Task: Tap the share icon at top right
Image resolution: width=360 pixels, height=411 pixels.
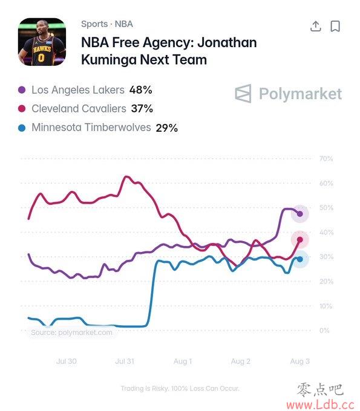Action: coord(316,26)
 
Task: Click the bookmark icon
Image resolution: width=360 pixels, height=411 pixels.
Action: coord(335,26)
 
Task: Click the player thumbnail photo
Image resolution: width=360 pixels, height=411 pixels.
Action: coord(42,42)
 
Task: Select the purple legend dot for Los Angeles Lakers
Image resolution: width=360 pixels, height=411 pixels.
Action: coord(22,90)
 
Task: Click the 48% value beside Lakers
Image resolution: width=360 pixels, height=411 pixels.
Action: coord(140,90)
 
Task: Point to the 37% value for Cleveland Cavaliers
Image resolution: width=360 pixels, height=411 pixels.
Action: coord(142,109)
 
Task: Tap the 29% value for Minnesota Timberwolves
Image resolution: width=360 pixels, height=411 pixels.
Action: coord(166,128)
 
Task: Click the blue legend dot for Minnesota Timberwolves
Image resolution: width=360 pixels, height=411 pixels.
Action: coord(22,128)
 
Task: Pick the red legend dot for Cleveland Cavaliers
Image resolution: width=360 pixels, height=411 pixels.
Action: coord(22,109)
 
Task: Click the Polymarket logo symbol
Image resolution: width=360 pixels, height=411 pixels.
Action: coord(243,94)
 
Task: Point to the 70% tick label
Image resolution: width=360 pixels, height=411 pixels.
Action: coord(326,158)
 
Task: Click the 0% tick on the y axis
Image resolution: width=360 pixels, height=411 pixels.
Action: coord(324,330)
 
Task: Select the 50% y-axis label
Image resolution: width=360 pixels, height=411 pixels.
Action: coord(326,207)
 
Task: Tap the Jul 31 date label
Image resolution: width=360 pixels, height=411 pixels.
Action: coord(125,361)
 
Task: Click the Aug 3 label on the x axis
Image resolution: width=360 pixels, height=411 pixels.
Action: coord(299,361)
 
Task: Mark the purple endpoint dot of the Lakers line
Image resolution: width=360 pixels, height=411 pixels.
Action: coord(300,214)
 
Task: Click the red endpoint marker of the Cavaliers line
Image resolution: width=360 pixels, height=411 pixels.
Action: coord(300,239)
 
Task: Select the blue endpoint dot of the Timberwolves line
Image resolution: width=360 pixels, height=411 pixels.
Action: coord(300,259)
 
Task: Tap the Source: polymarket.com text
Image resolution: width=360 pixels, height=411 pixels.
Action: coord(71,332)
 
